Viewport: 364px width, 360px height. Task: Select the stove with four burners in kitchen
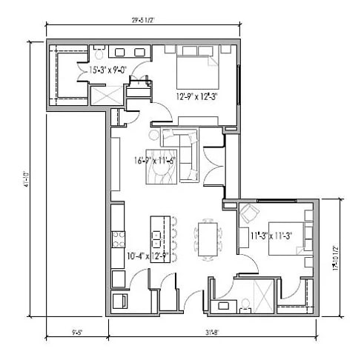117,239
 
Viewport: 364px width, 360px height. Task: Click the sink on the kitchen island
156,239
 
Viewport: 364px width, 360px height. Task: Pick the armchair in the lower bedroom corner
248,215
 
